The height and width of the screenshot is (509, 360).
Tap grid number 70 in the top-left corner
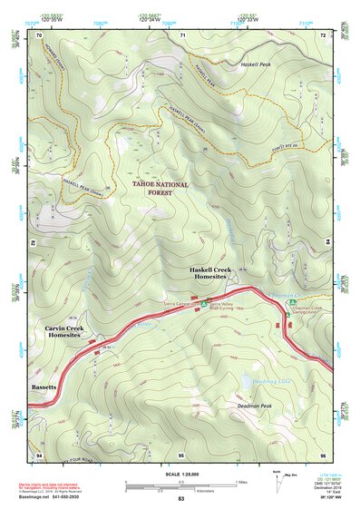click(x=39, y=34)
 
